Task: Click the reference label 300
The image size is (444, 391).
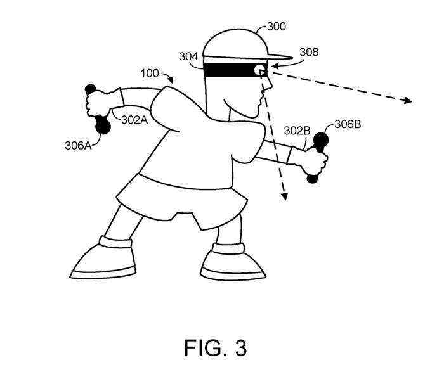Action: coord(277,27)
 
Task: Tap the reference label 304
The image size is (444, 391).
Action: coord(188,56)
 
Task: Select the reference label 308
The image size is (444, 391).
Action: coord(309,52)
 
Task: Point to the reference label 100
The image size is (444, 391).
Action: coord(150,74)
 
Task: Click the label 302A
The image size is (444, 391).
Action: coord(134,120)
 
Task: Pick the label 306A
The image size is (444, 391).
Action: coord(78,145)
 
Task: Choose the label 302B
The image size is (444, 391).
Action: coord(297,131)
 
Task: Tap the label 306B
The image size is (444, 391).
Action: coord(348,124)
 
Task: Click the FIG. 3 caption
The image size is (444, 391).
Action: coord(215,348)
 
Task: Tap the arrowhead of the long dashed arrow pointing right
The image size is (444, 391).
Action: coord(408,100)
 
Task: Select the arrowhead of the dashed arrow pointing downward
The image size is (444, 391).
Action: coord(284,196)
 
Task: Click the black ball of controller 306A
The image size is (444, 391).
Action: coord(103,126)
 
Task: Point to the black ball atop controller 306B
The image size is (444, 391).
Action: coord(321,140)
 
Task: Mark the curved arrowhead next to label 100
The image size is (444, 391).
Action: coord(171,80)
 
